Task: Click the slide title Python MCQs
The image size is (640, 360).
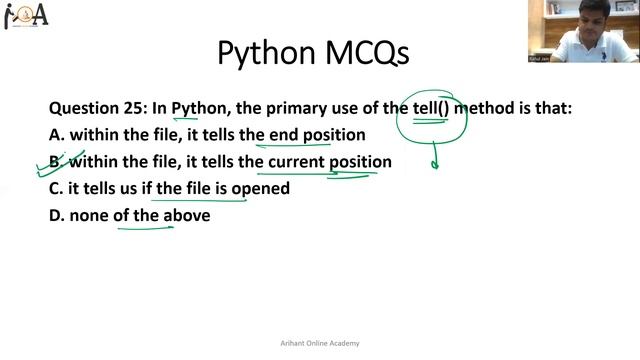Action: pyautogui.click(x=313, y=52)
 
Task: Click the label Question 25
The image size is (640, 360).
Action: pyautogui.click(x=97, y=108)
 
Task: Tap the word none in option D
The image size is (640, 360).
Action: pyautogui.click(x=90, y=214)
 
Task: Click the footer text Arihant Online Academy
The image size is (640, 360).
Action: pyautogui.click(x=319, y=343)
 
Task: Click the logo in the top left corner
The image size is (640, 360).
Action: pyautogui.click(x=27, y=17)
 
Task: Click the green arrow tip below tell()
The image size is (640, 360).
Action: pyautogui.click(x=434, y=165)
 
